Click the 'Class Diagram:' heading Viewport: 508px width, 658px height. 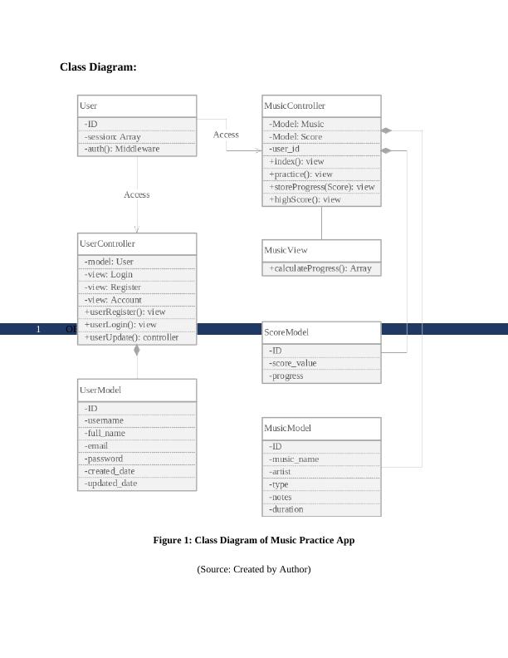pyautogui.click(x=98, y=67)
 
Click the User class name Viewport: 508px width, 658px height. pyautogui.click(x=88, y=106)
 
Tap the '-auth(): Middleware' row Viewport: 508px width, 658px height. pyautogui.click(x=121, y=150)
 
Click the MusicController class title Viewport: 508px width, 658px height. pyautogui.click(x=295, y=106)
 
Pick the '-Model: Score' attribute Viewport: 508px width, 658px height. pyautogui.click(x=296, y=137)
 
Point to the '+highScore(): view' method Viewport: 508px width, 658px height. pyautogui.click(x=305, y=199)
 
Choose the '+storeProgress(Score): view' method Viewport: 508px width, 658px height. pyautogui.click(x=321, y=187)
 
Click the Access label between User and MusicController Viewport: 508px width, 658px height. pyautogui.click(x=226, y=135)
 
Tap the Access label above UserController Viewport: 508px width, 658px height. pyautogui.click(x=137, y=194)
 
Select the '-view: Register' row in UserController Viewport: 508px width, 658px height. pyautogui.click(x=112, y=287)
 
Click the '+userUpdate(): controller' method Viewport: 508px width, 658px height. pyautogui.click(x=131, y=337)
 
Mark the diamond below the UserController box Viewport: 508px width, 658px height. pyautogui.click(x=137, y=350)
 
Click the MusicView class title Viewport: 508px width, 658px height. pyautogui.click(x=286, y=250)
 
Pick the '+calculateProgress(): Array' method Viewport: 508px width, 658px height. pyautogui.click(x=320, y=268)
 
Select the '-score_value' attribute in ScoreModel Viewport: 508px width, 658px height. pyautogui.click(x=292, y=363)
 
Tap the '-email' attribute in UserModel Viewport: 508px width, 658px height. pyautogui.click(x=96, y=446)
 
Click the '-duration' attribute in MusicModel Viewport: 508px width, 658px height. pyautogui.click(x=286, y=509)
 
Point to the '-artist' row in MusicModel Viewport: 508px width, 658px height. pyautogui.click(x=280, y=472)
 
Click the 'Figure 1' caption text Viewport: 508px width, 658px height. pyautogui.click(x=253, y=540)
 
